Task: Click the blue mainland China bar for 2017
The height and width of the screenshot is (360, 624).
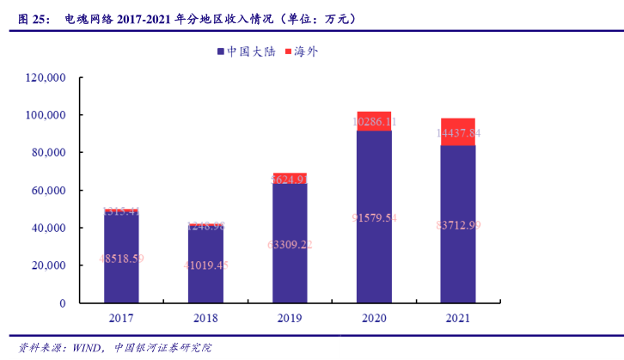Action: coord(121,258)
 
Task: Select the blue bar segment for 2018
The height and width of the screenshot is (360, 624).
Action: coord(205,266)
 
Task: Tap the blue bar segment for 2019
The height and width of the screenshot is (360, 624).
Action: coord(290,245)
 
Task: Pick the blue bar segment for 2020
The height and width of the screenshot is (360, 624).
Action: coord(374,219)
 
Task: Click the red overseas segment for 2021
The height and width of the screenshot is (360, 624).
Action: coord(458,131)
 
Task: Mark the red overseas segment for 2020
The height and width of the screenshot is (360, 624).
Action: coord(374,121)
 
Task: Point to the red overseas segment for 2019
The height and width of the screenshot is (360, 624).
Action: coord(290,178)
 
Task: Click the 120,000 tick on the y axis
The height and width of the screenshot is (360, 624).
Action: coord(46,77)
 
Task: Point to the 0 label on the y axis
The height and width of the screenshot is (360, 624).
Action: coord(63,303)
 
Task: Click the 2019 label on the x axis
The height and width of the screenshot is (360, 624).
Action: coord(290,318)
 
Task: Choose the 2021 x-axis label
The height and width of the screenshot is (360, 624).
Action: coord(458,318)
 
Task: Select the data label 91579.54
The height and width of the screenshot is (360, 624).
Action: coord(374,217)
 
